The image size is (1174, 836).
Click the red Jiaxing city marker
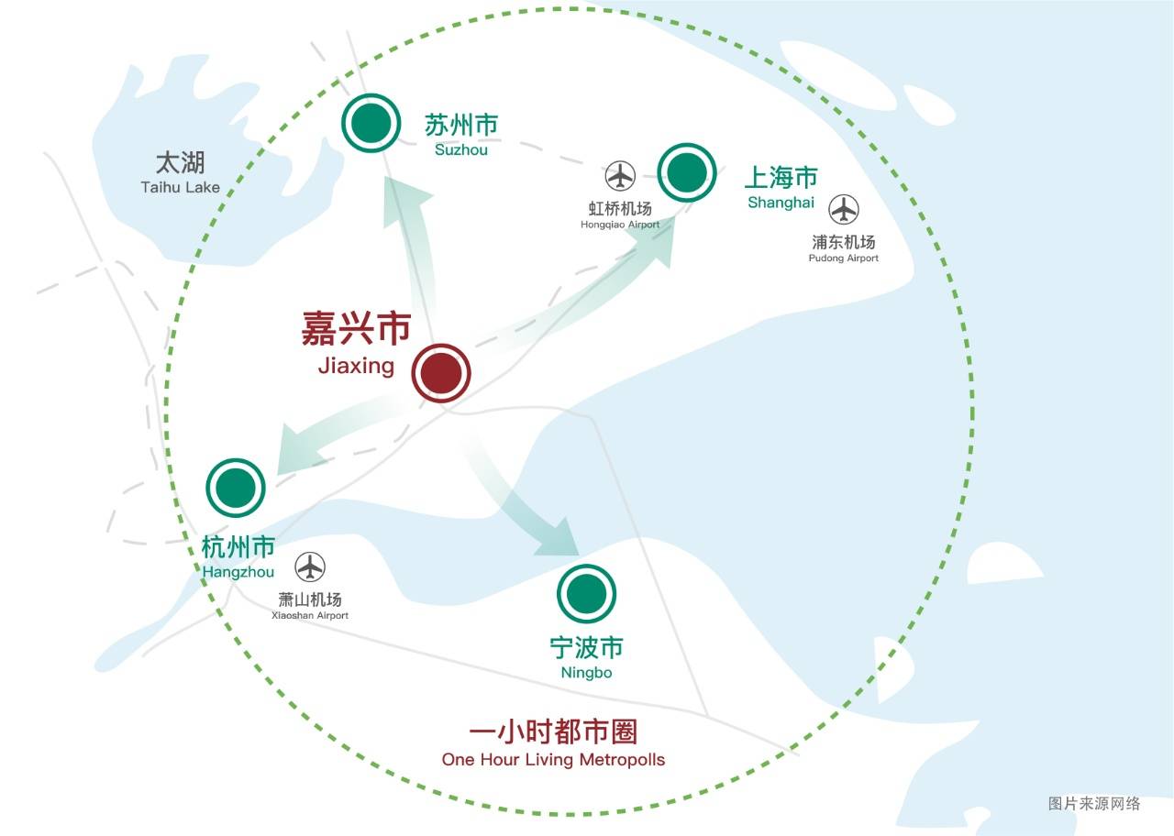pos(441,374)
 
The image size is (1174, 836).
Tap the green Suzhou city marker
pos(371,123)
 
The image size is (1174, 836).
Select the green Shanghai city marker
pos(687,172)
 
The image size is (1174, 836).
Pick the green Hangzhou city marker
pos(236,488)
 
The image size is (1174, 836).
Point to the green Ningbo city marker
pos(587,594)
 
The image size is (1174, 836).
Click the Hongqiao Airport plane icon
pos(621,175)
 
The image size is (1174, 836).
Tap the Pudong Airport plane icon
pos(844,210)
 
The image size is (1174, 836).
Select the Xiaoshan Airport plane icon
pos(311,567)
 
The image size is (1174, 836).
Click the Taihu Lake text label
pos(181,187)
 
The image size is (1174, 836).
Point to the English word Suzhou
pos(461,148)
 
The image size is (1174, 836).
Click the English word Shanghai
pos(781,203)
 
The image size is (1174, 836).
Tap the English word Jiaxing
pos(356,367)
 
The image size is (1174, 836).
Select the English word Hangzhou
pos(238,572)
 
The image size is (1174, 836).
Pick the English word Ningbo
pos(586,673)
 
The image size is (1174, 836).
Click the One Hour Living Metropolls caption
pos(553,759)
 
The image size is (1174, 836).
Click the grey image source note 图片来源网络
pos(1094,804)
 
